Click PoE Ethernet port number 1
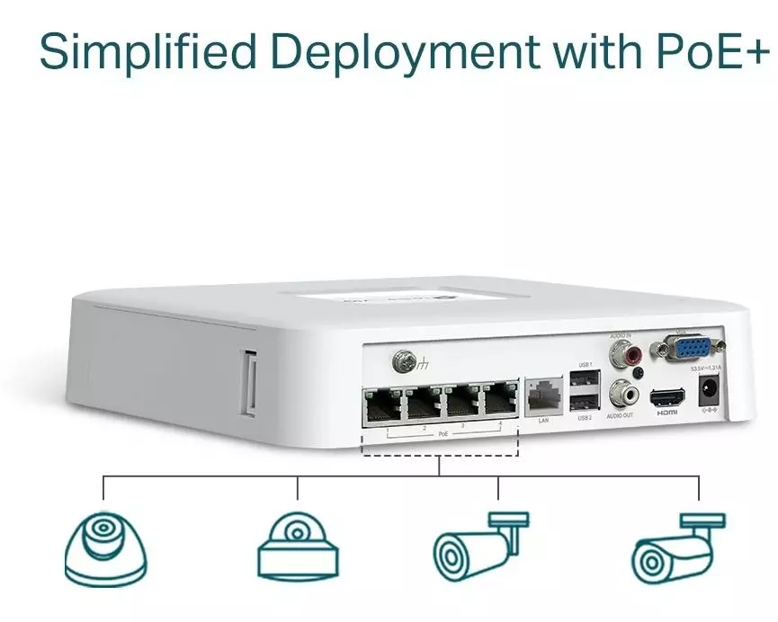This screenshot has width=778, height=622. point(381,406)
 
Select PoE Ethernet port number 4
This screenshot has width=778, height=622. point(498,402)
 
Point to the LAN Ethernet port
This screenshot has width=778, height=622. point(542,397)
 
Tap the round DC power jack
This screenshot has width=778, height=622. point(709,392)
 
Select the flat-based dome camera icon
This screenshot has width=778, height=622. point(297,546)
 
